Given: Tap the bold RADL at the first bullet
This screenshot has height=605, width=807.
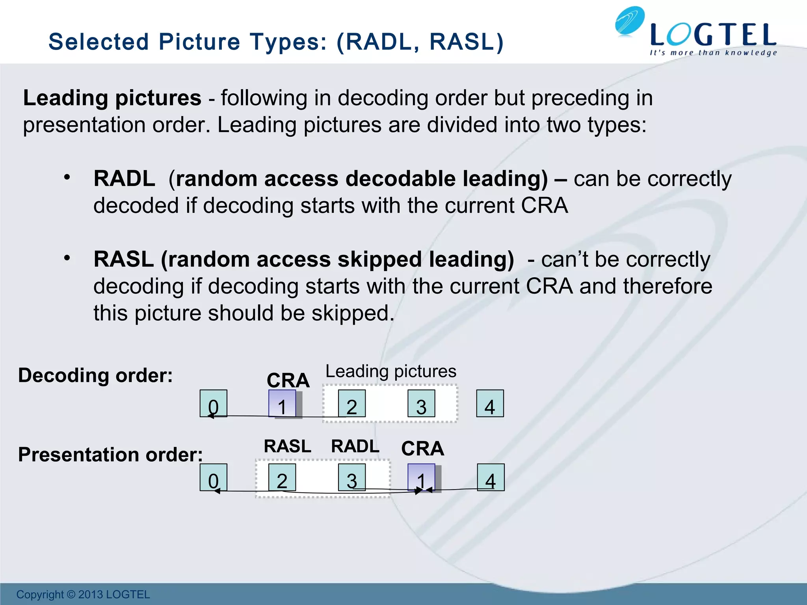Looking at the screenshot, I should tap(124, 179).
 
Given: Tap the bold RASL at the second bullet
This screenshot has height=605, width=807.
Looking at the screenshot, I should tap(123, 260).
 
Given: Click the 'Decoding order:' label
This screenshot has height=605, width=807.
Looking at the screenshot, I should tap(95, 375).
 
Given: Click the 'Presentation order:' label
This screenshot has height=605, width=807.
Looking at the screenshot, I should tap(110, 455).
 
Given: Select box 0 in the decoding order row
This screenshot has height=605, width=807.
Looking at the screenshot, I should tap(213, 403).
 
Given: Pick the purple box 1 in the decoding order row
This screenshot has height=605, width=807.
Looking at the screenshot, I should tap(282, 403).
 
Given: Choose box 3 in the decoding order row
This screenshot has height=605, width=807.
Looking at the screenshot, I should tap(421, 403).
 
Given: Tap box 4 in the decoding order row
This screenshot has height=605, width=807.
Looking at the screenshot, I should tap(490, 403).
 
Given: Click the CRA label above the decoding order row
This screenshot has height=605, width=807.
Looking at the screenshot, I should tap(288, 380).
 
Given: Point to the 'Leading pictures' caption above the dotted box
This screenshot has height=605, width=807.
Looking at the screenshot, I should tap(391, 371).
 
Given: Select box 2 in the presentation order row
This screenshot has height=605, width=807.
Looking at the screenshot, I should tap(282, 477).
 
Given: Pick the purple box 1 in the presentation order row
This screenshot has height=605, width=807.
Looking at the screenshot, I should tap(421, 477).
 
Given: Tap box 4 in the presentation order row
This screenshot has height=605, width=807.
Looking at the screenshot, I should tap(491, 477).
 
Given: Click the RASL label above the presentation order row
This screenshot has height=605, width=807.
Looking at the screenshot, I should tap(288, 447).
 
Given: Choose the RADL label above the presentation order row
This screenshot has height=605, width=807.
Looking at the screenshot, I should tap(355, 447).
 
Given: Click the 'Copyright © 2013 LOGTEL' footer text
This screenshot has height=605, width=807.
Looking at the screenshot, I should tap(83, 594).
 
